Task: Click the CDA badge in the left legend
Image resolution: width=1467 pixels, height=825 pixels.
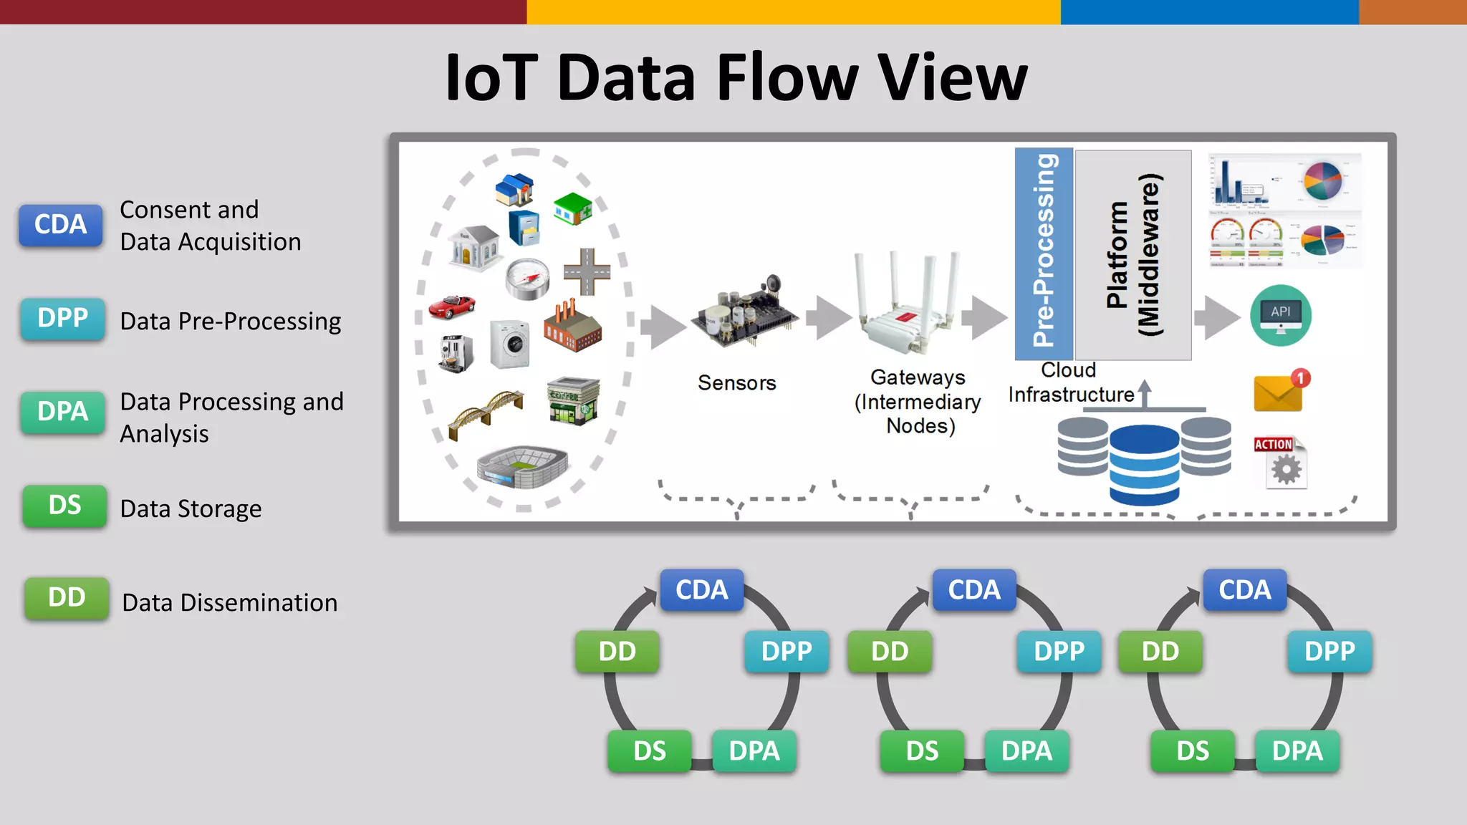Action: pos(61,225)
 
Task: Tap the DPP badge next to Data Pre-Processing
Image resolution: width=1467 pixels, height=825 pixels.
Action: pos(63,318)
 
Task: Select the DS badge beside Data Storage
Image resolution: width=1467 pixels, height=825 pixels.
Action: pos(64,506)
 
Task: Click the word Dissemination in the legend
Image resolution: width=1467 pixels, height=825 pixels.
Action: pos(259,603)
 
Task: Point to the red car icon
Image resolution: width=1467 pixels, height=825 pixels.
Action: pos(451,307)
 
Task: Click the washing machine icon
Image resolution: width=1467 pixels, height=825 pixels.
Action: pos(510,344)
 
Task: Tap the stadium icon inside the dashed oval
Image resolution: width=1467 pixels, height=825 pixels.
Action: pos(523,466)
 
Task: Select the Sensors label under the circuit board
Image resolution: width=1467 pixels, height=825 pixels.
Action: pos(737,383)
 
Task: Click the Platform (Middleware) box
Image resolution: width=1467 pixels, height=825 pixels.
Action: pos(1133,254)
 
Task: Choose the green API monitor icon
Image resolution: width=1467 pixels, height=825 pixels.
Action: pos(1281,316)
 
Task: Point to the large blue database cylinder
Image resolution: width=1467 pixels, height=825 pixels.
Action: pos(1144,465)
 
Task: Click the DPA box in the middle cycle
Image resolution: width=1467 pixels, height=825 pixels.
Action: pos(1026,751)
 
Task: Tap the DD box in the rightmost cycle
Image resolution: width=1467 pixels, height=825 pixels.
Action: pos(1160,652)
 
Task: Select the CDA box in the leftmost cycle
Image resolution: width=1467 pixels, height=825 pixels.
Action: pos(702,590)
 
